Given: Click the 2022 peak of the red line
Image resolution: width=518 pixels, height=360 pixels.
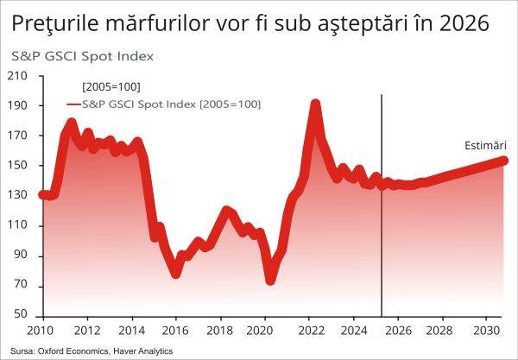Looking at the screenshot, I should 315,104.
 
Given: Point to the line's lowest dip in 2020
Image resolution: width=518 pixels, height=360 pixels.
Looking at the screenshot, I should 270,280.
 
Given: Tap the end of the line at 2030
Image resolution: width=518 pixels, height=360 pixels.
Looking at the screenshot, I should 503,160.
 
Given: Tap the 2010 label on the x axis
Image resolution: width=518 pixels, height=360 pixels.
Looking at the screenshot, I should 41,331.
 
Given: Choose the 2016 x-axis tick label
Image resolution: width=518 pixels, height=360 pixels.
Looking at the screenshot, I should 176,331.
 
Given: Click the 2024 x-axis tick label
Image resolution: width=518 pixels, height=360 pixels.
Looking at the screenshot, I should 355,331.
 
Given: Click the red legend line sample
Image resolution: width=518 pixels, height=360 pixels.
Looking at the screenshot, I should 79,104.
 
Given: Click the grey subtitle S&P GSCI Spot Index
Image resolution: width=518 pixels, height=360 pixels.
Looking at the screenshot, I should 82,56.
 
